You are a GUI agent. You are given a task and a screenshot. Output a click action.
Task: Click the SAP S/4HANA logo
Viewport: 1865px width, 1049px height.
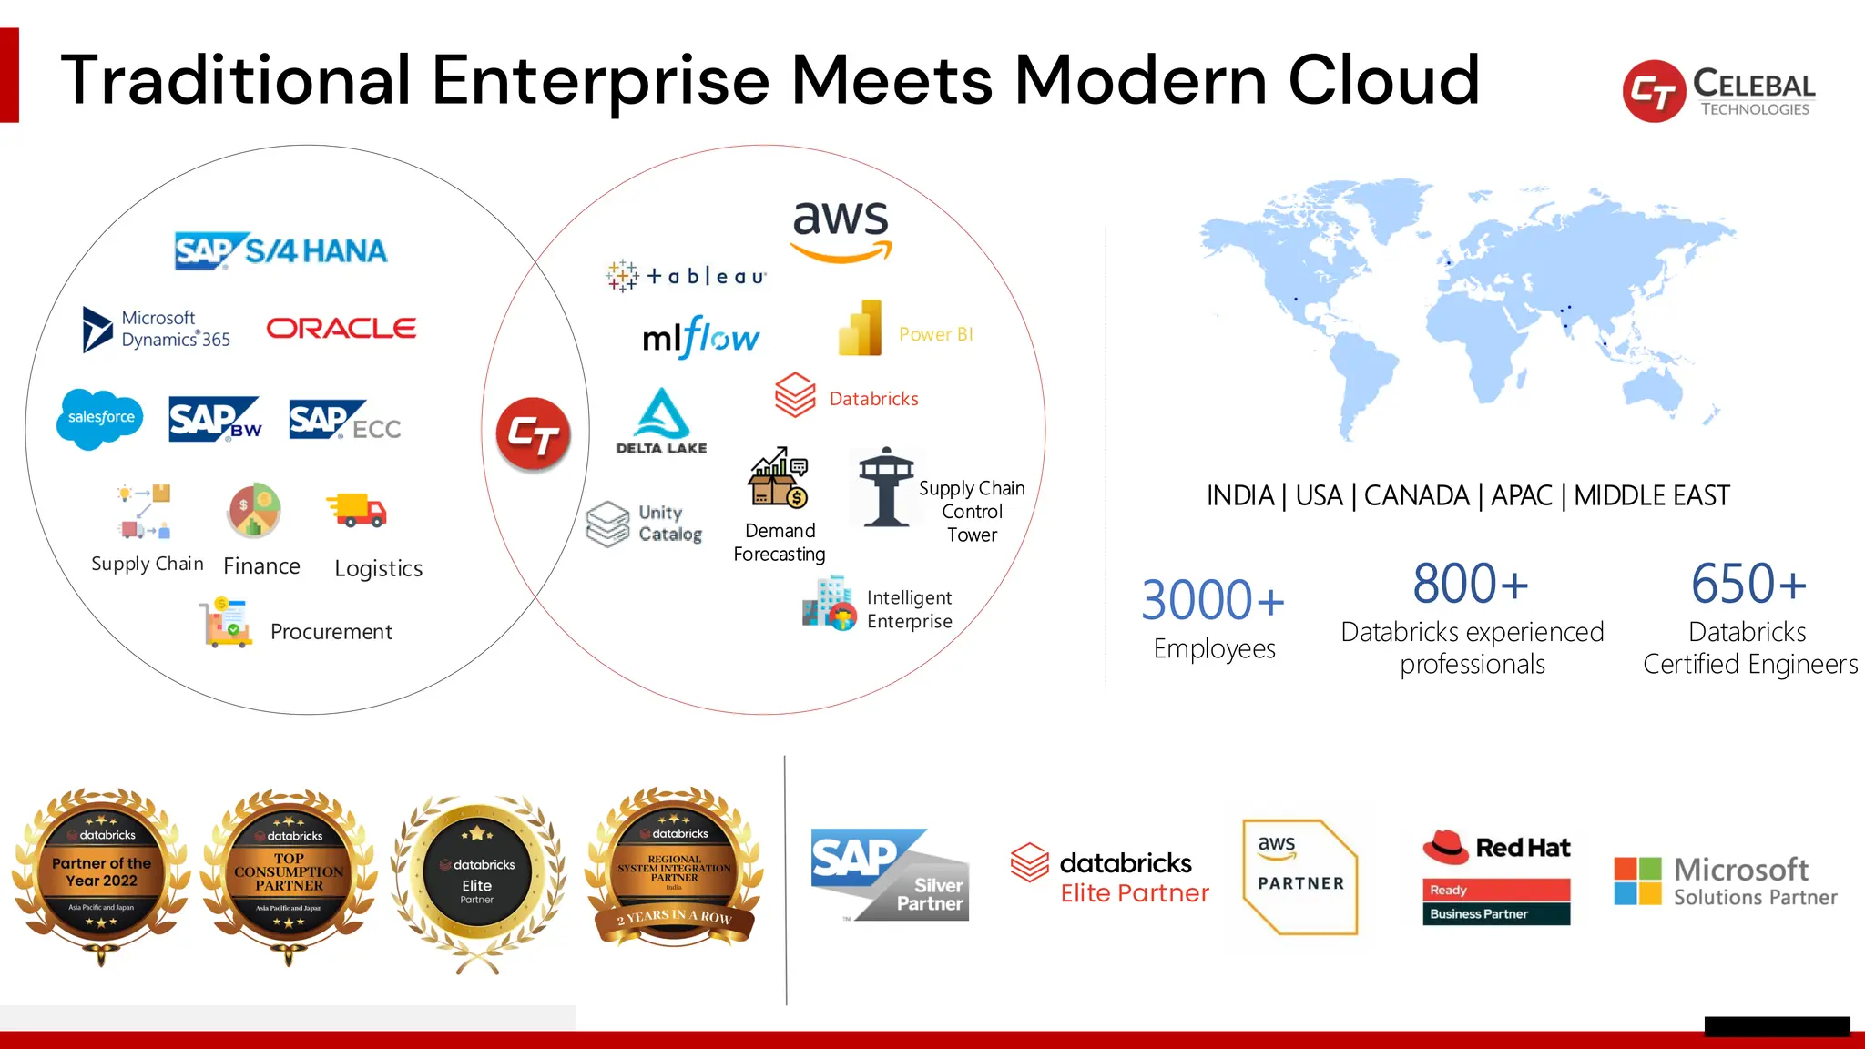click(x=280, y=250)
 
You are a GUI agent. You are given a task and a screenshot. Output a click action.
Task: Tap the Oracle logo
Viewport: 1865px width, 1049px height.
click(x=341, y=328)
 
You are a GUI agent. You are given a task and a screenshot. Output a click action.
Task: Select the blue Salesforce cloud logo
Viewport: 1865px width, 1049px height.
click(x=100, y=418)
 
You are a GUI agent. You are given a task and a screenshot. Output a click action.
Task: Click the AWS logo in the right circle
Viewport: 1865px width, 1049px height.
click(x=841, y=230)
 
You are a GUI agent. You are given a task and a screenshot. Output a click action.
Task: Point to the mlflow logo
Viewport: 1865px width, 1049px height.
click(x=700, y=337)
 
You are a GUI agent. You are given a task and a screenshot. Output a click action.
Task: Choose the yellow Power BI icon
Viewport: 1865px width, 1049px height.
click(x=861, y=329)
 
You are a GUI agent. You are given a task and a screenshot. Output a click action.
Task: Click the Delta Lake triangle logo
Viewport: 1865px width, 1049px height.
click(x=662, y=415)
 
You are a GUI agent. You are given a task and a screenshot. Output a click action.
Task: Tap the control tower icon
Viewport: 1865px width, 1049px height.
click(x=885, y=486)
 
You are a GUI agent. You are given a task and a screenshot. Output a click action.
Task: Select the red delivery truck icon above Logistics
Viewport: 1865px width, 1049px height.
click(x=357, y=510)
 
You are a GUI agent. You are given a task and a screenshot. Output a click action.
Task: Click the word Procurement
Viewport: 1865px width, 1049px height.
click(x=331, y=632)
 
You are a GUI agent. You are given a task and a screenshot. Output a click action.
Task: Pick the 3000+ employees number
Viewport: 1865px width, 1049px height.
click(x=1212, y=600)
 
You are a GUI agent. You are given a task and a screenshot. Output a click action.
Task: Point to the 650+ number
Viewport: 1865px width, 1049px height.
click(x=1748, y=584)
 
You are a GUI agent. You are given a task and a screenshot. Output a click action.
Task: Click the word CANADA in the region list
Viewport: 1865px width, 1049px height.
click(x=1416, y=495)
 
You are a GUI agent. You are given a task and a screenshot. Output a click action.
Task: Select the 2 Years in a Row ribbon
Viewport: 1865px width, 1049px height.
click(x=675, y=917)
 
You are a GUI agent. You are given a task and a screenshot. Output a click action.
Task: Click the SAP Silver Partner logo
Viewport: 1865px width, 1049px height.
click(x=890, y=875)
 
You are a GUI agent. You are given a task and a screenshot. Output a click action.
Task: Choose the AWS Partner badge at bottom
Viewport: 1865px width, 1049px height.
click(x=1299, y=876)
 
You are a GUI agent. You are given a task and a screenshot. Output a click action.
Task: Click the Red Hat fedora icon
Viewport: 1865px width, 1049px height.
click(x=1445, y=846)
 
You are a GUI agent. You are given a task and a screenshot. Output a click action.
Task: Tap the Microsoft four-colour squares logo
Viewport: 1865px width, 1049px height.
click(x=1637, y=881)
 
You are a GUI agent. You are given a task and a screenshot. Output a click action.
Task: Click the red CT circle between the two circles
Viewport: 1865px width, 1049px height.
click(x=534, y=434)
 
